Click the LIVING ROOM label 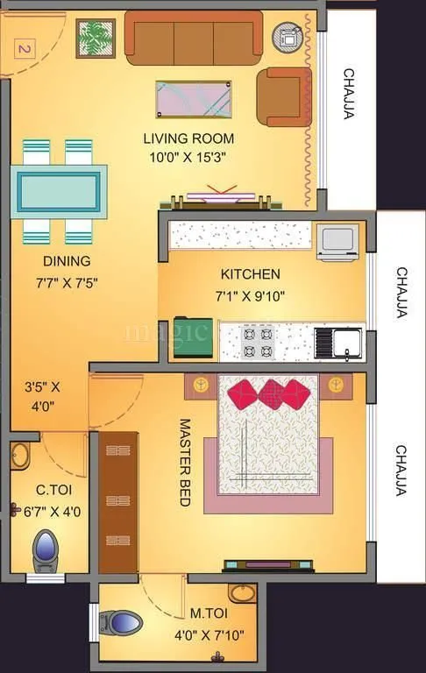coord(188,138)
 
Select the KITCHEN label coord(225,273)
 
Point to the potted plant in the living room coord(95,38)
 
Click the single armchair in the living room coord(281,96)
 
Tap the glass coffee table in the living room coord(194,99)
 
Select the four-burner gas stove coord(259,343)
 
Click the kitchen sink coord(338,343)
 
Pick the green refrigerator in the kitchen coord(192,337)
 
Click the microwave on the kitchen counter coord(337,241)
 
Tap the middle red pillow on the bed coord(271,393)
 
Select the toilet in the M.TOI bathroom coord(122,623)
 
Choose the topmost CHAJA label coord(349,94)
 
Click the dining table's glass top coord(59,190)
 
